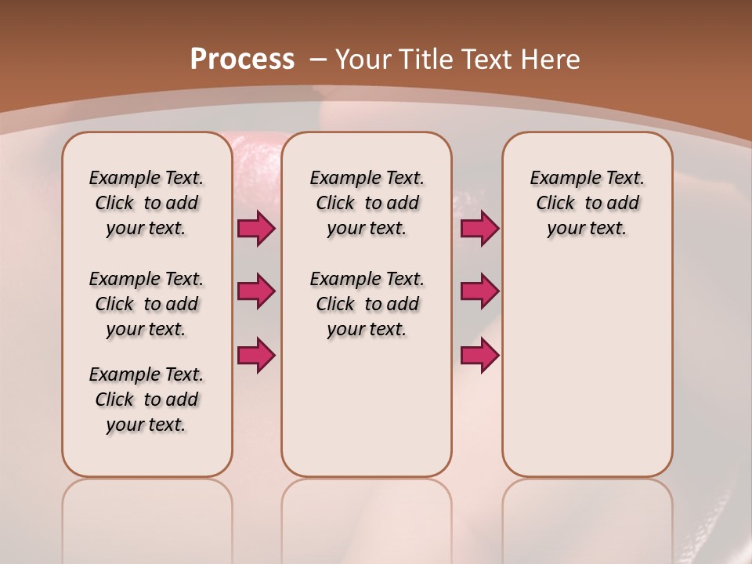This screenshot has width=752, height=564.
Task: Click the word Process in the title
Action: (242, 60)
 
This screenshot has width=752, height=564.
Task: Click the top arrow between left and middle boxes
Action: (256, 229)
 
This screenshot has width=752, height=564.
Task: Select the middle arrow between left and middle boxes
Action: (256, 291)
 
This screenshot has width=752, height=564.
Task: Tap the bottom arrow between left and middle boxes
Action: (256, 355)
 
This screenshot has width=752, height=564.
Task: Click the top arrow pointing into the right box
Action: (479, 229)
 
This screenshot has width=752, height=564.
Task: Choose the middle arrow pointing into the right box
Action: (479, 291)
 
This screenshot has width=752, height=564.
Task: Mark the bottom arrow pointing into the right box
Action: (479, 355)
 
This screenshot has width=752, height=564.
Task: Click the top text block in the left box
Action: (146, 203)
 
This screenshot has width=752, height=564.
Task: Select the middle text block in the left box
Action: (146, 304)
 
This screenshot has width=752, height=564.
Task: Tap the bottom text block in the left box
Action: (146, 399)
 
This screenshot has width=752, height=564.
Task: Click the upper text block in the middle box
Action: (367, 203)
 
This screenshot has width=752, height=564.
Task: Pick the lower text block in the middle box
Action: (367, 304)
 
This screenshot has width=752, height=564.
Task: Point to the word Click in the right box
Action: (555, 204)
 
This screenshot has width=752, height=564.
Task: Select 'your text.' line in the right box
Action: (587, 229)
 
